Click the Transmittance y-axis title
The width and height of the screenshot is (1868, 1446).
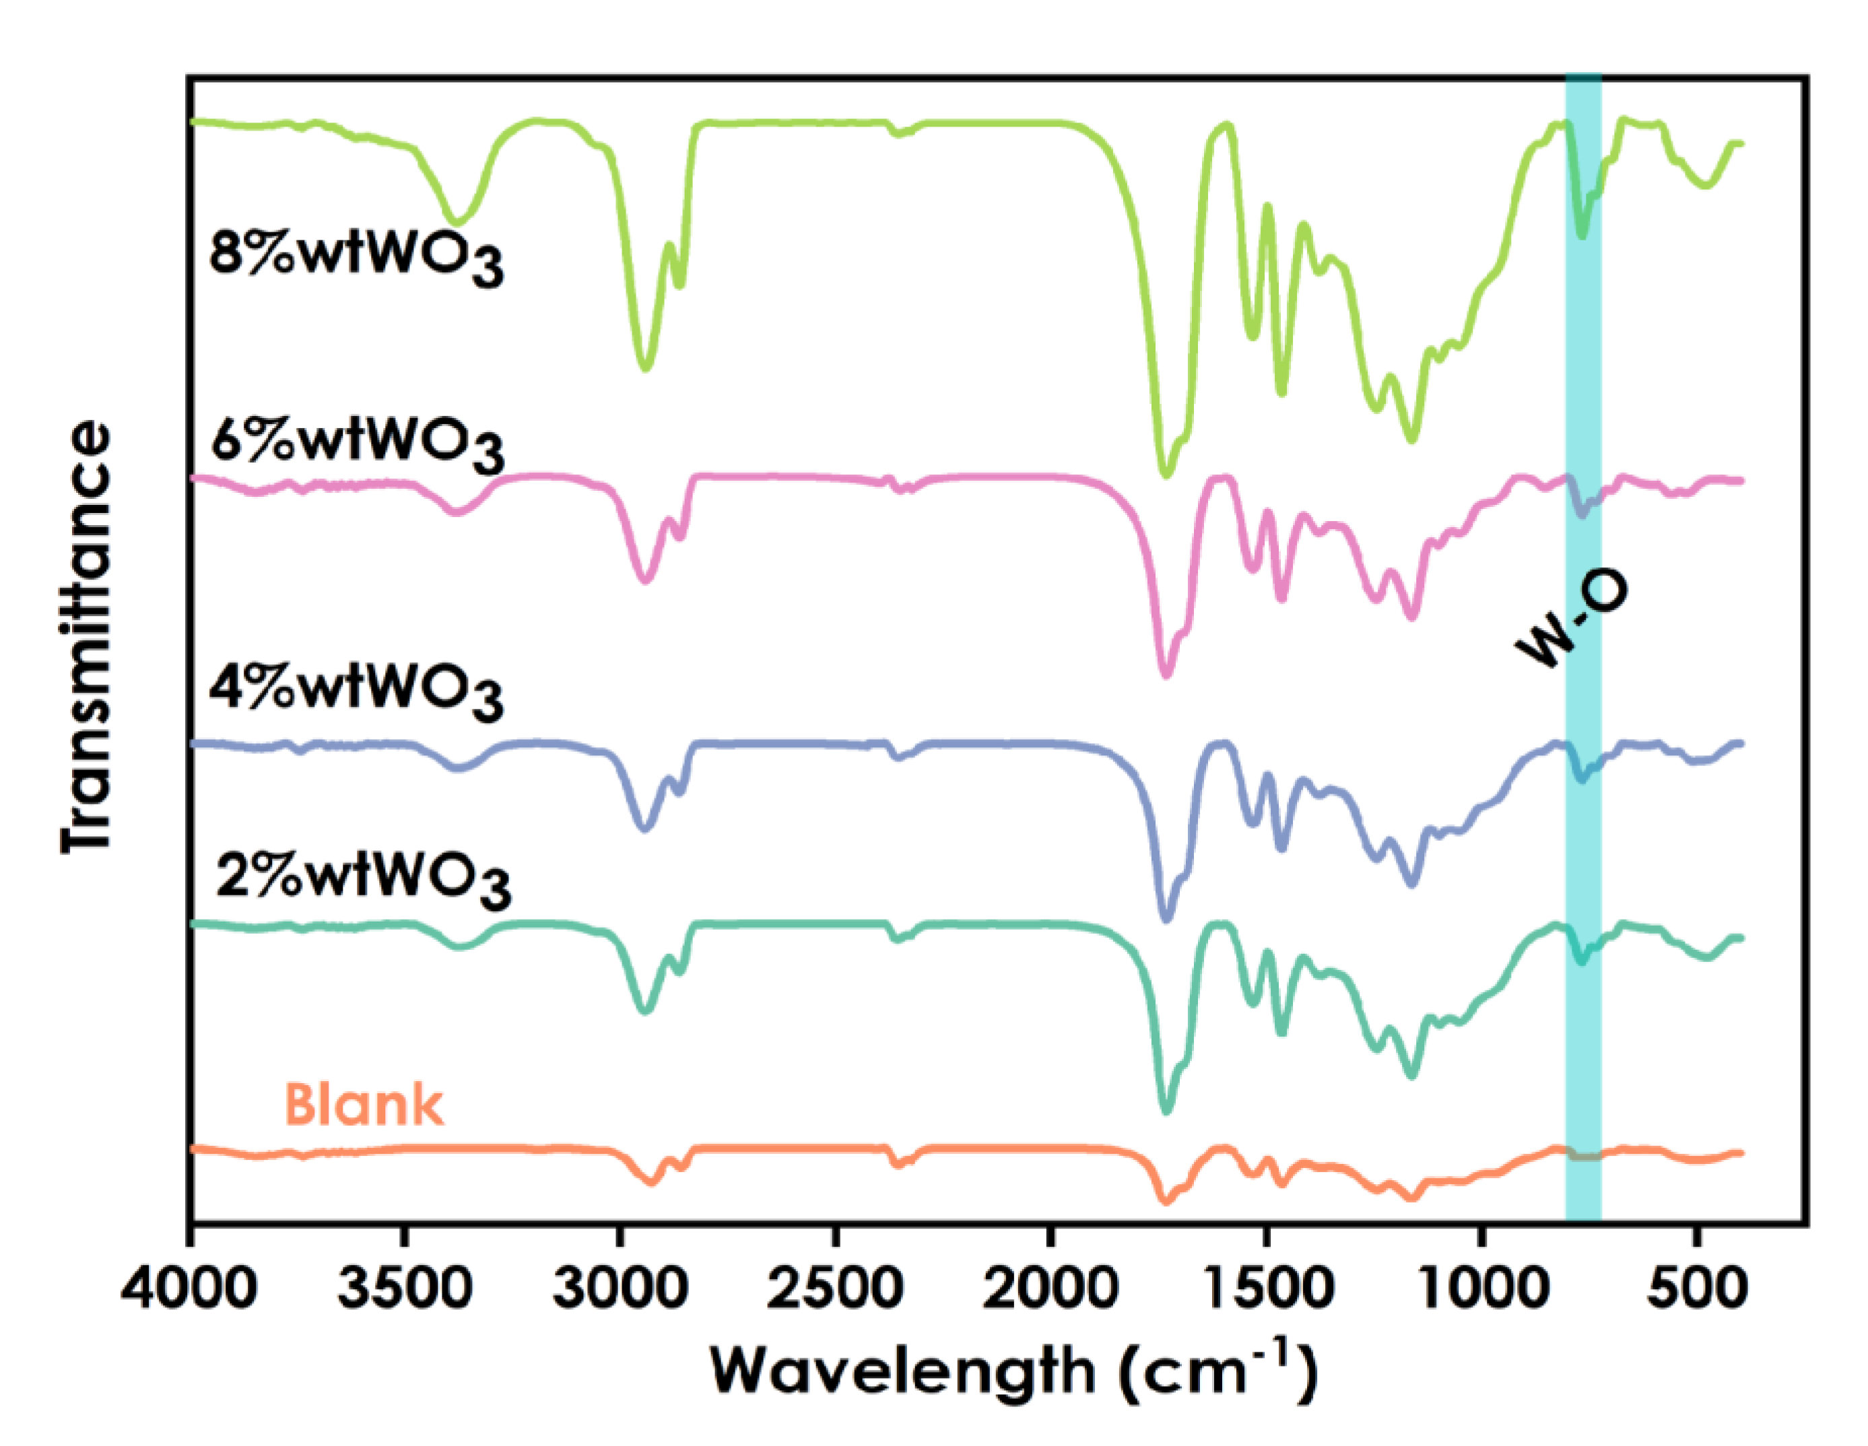pos(86,637)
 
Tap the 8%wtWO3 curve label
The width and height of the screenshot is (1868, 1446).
pos(356,256)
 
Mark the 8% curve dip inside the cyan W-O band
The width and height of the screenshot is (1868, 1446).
pos(1583,234)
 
